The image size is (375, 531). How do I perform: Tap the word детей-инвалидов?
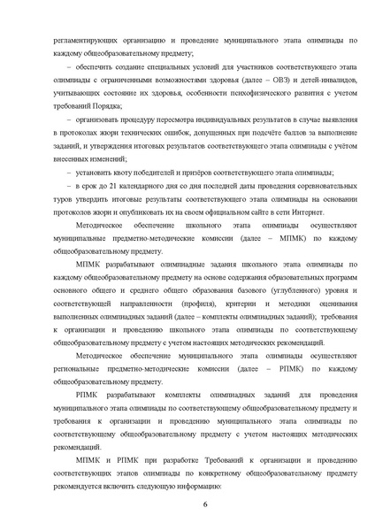[x=298, y=80]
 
